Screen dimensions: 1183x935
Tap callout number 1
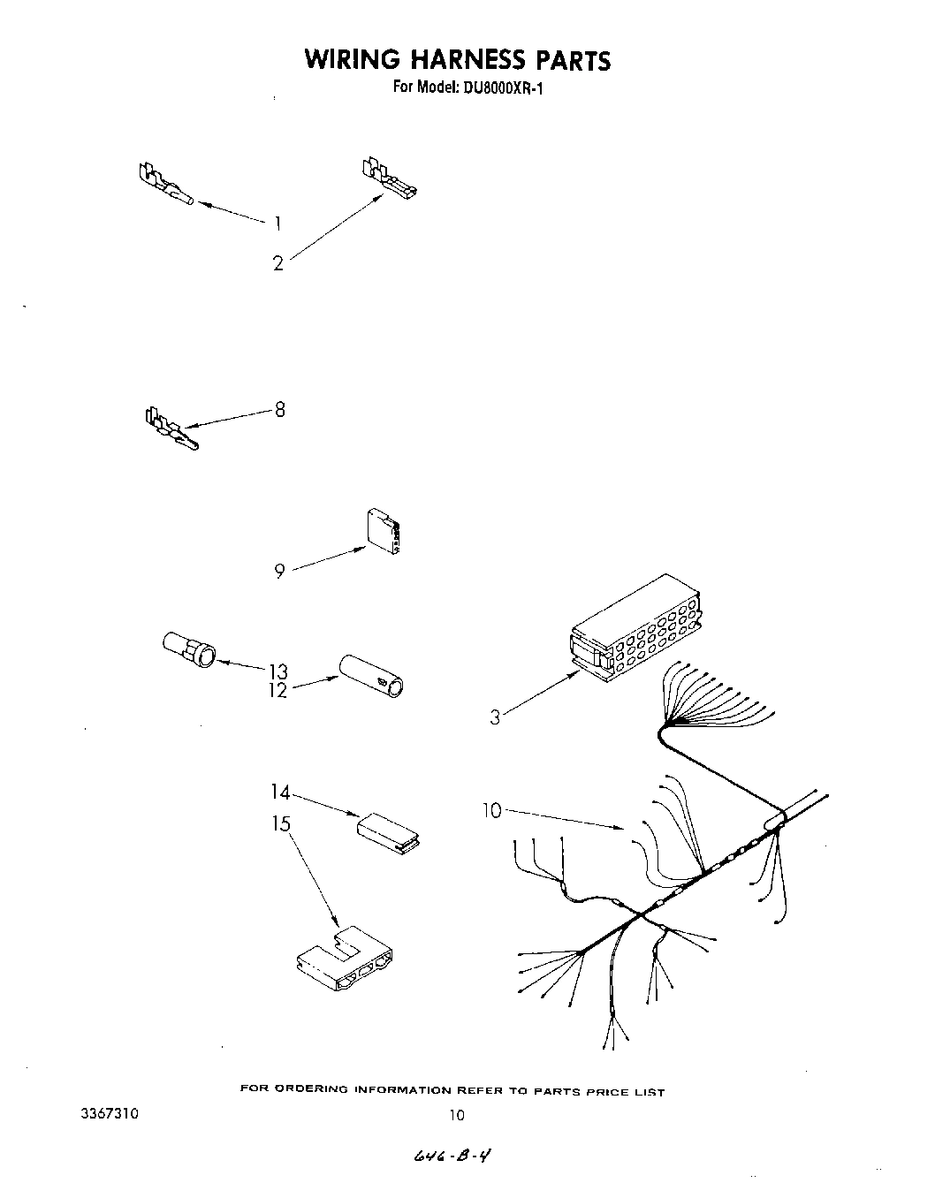(x=277, y=223)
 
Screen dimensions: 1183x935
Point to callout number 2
(x=278, y=263)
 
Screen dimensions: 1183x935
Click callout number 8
(x=280, y=409)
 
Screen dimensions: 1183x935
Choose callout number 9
(x=279, y=572)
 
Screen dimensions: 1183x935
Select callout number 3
(x=495, y=717)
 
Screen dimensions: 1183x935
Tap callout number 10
(x=492, y=810)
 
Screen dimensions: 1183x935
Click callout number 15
(x=281, y=824)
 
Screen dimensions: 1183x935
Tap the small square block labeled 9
(x=382, y=534)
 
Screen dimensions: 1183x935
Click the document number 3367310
(x=110, y=1115)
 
